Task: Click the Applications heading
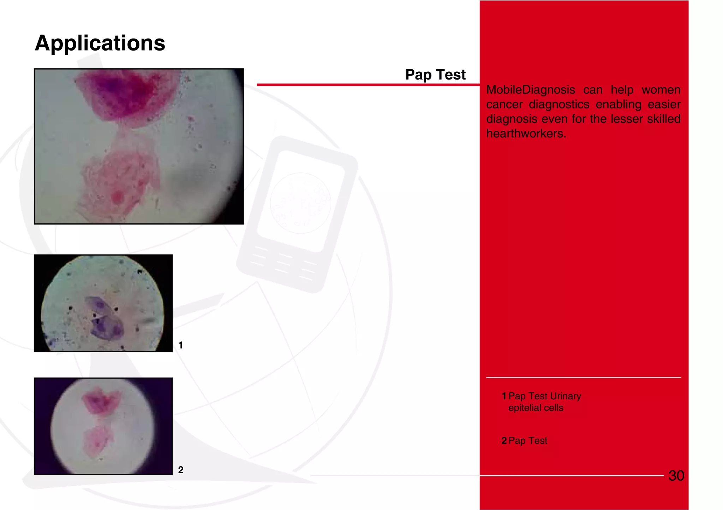[100, 43]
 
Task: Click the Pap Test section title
[435, 75]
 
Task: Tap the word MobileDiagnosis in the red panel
[530, 90]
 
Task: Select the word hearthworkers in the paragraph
[526, 134]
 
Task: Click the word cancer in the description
[504, 105]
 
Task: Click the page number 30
[676, 476]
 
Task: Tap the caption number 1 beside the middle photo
[180, 345]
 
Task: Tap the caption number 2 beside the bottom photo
[180, 470]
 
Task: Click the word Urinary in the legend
[565, 396]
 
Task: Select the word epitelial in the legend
[525, 408]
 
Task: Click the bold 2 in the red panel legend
[504, 441]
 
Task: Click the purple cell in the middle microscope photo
[103, 318]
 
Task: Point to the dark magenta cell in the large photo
[127, 94]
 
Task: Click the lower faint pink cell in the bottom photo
[97, 440]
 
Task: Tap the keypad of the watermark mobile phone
[282, 263]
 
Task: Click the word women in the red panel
[661, 90]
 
